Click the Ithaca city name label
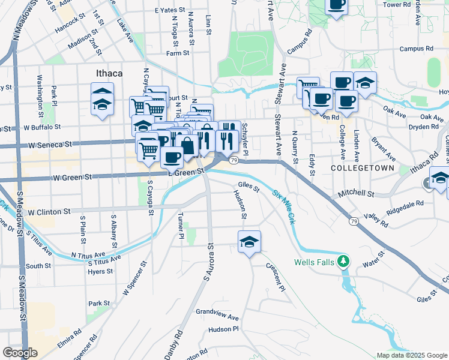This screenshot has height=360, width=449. (x=109, y=73)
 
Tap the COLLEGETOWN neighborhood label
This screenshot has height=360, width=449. (x=363, y=169)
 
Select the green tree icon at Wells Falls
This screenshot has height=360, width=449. (x=343, y=262)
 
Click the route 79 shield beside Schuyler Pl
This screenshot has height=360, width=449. (x=234, y=160)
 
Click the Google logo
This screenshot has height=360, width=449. (x=20, y=353)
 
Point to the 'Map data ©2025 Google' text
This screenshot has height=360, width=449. (x=412, y=355)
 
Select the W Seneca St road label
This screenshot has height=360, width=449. (x=51, y=145)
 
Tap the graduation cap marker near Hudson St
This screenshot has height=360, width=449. (x=249, y=242)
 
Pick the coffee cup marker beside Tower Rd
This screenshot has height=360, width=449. (x=336, y=5)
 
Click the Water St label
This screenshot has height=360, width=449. (x=373, y=262)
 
